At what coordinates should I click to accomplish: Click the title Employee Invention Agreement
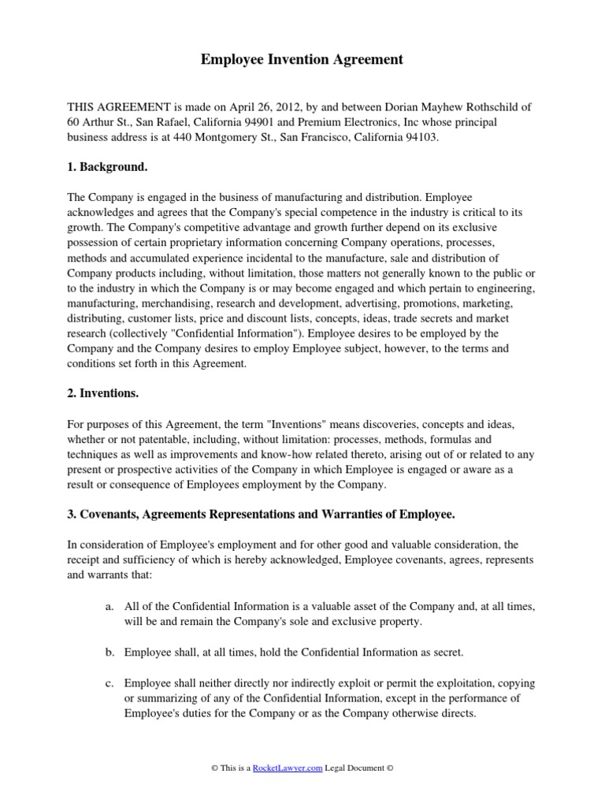point(302,59)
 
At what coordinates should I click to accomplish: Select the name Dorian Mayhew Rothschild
point(424,107)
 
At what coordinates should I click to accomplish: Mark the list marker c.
point(109,682)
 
